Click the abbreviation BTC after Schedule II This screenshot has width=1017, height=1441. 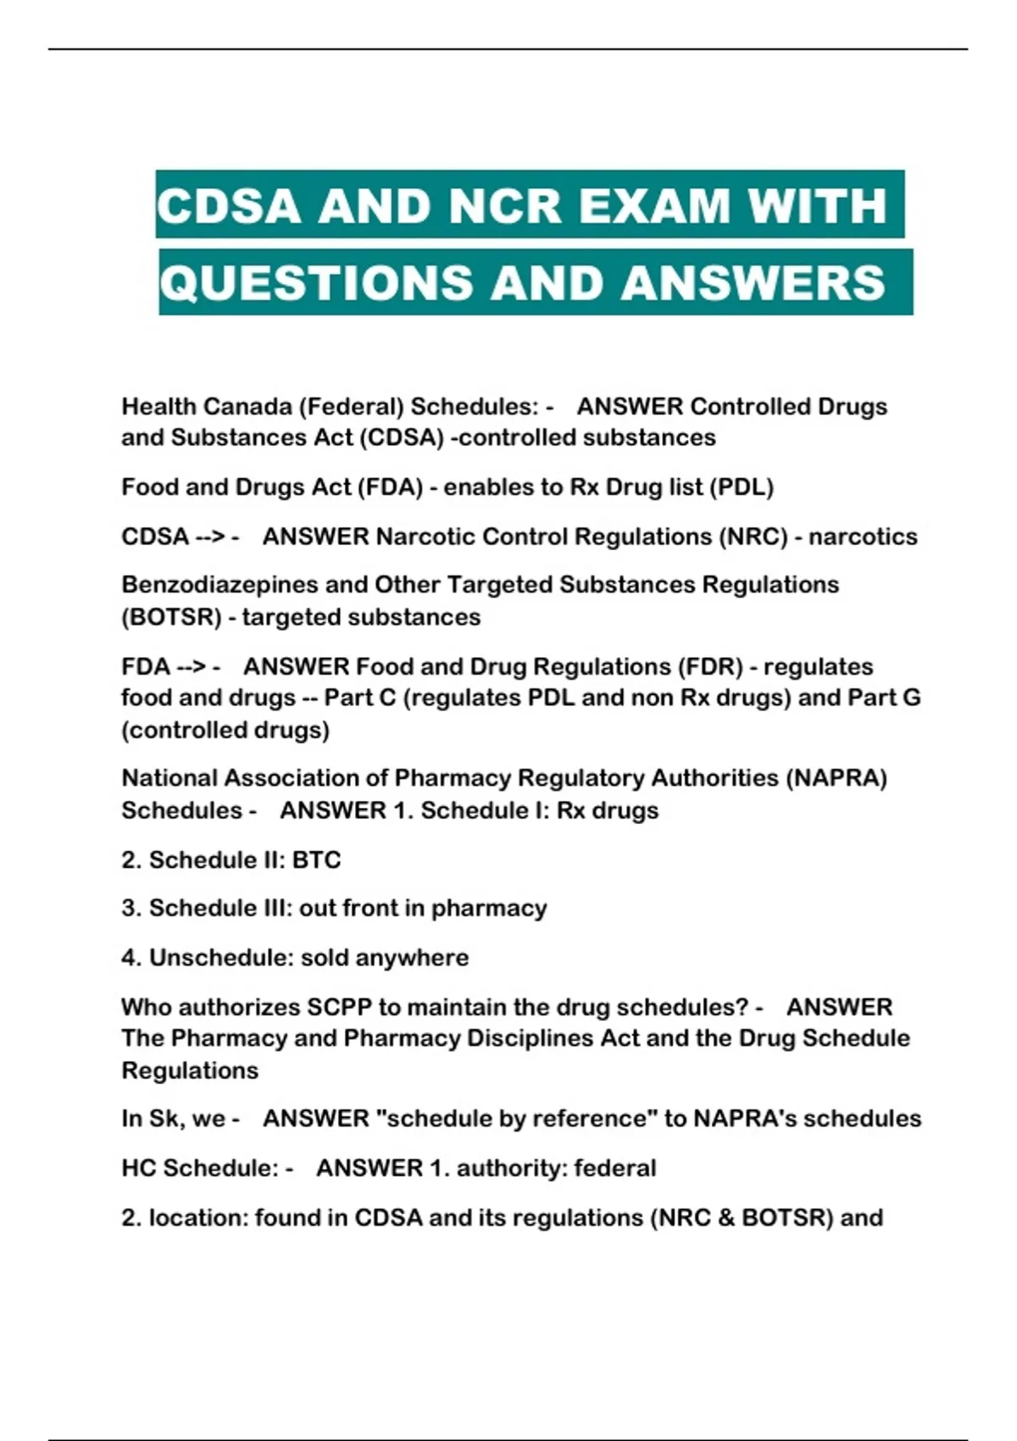point(316,860)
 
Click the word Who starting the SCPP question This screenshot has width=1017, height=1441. point(147,1007)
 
